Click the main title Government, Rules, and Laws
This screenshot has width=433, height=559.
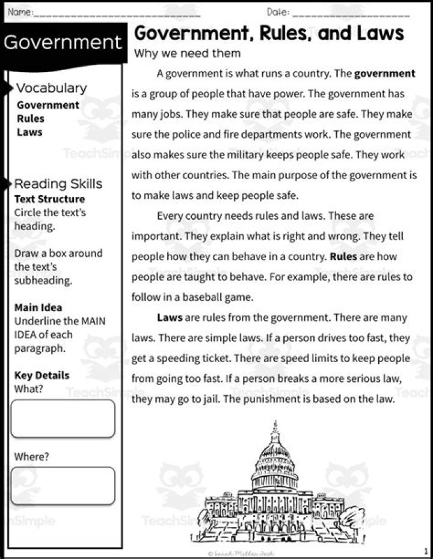tap(268, 32)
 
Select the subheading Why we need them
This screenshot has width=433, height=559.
tap(187, 53)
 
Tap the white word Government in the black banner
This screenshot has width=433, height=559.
tap(63, 43)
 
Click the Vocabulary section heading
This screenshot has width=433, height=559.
tap(52, 88)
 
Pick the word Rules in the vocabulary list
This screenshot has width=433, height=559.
tap(31, 118)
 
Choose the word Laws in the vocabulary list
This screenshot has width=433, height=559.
tap(29, 131)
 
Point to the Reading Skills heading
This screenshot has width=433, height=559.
tap(58, 184)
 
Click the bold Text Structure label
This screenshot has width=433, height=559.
tap(49, 199)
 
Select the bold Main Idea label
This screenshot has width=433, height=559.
tap(38, 307)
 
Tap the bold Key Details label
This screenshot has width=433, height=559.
tap(41, 375)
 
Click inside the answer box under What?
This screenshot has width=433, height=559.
tap(63, 418)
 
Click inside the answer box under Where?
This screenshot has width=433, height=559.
tap(63, 486)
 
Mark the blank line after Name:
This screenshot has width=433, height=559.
tap(117, 13)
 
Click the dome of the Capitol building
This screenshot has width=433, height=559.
tap(275, 453)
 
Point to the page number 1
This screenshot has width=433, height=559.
tap(425, 551)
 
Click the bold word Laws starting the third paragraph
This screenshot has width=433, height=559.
tap(170, 317)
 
